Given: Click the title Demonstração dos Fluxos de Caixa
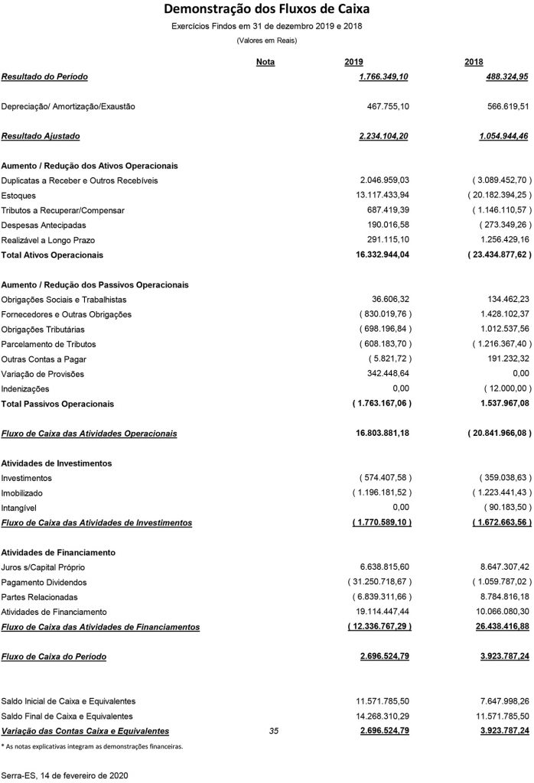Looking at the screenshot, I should click(266, 10).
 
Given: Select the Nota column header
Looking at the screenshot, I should click(265, 62).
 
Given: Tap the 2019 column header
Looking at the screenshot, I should click(354, 62).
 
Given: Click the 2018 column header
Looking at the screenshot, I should click(474, 62).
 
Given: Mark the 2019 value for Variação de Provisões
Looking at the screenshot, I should click(389, 374).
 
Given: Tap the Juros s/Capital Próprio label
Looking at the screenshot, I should click(44, 567).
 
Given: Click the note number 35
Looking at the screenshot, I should click(275, 731).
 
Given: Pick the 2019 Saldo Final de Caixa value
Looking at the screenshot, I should click(383, 716).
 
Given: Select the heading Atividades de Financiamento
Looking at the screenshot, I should click(58, 551).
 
